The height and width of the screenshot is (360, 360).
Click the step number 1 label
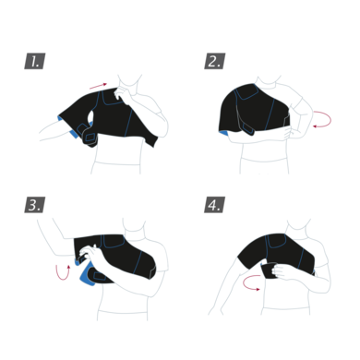[x=35, y=62]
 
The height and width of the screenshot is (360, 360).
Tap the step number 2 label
[x=213, y=62]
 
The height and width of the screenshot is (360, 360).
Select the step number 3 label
[x=34, y=205]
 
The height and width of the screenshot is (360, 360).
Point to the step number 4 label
[x=213, y=205]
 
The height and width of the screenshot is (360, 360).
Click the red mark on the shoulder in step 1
[x=98, y=87]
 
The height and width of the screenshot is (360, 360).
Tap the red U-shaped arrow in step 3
[x=62, y=271]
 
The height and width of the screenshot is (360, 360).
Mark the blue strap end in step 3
[x=90, y=276]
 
